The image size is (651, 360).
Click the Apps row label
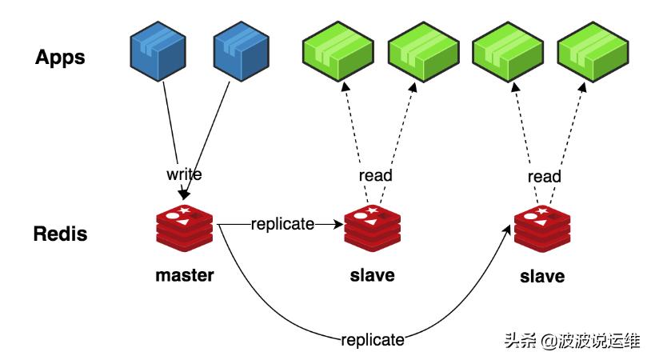(x=60, y=57)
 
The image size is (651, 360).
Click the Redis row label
(x=60, y=235)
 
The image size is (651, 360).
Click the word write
(x=184, y=174)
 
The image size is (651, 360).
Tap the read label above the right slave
(x=544, y=175)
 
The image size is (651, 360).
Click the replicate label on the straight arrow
(x=282, y=225)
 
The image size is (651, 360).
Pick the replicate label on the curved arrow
(x=373, y=340)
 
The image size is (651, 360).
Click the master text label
(x=185, y=276)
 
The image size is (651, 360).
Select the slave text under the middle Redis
(x=373, y=276)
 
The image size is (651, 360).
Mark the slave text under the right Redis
(x=542, y=277)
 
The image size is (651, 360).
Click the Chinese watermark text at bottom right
(x=572, y=340)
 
